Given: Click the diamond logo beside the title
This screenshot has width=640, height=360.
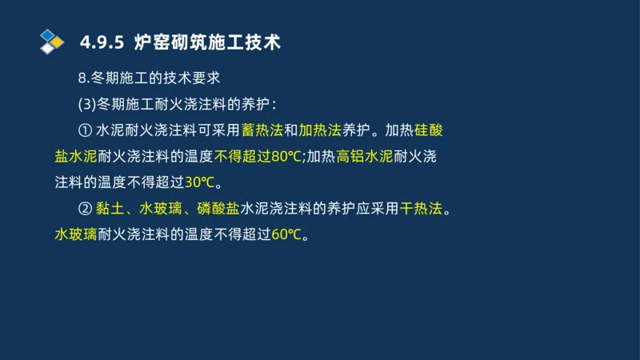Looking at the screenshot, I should coord(51,42).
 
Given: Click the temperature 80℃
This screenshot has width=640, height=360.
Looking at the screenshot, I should coord(287,156).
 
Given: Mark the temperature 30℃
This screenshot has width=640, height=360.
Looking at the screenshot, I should coord(201,182).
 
